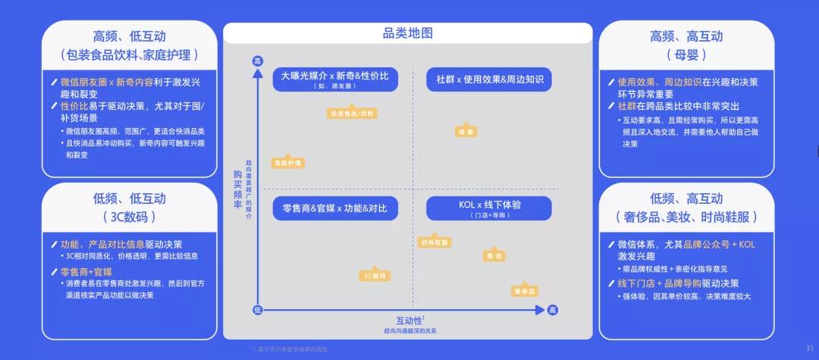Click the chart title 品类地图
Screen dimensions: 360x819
(408, 33)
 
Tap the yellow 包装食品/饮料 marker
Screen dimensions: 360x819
(351, 114)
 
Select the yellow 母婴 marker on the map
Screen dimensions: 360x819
(466, 131)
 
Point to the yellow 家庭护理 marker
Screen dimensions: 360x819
(287, 163)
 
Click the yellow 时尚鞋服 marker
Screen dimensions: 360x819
(434, 243)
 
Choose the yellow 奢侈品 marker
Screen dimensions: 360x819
(525, 291)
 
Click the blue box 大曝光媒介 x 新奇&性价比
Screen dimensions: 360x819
(334, 79)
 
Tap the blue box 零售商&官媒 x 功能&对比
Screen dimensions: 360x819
(334, 208)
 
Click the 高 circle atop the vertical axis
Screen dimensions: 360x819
(258, 61)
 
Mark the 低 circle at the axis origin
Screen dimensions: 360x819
(258, 310)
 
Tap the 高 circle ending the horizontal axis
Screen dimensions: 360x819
(552, 310)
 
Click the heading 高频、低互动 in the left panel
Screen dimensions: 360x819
(129, 36)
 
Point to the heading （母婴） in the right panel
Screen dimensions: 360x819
(686, 55)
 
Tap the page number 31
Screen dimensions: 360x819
(808, 349)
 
